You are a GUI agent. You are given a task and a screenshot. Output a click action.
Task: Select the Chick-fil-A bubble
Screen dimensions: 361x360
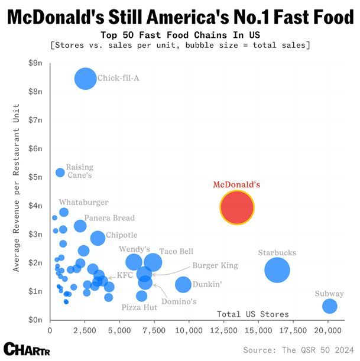coord(86,79)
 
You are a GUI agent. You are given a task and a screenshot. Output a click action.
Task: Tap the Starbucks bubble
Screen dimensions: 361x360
coord(277,270)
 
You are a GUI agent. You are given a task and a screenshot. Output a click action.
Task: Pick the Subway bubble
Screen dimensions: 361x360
coord(330,306)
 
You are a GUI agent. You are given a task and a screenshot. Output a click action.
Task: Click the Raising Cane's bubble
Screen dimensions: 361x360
coord(60,173)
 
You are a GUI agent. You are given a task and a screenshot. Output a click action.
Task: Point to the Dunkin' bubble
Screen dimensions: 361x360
coord(184,284)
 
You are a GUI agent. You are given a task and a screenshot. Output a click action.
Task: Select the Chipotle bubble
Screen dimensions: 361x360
coord(98,238)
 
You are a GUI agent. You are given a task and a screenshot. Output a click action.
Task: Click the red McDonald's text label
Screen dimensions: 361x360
coord(236,184)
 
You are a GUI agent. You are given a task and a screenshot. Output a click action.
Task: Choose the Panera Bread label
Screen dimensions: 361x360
coord(109,218)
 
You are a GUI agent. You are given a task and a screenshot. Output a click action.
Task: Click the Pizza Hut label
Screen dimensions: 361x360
coord(140,307)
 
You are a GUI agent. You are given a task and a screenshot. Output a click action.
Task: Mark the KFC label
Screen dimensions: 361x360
coord(125,275)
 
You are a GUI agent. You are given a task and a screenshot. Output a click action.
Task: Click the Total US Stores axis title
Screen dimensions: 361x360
coord(253,314)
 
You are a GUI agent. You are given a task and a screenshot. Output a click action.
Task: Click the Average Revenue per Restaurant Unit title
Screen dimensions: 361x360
coord(18,188)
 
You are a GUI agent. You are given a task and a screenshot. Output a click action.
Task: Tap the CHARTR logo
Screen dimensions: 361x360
coord(25,348)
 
